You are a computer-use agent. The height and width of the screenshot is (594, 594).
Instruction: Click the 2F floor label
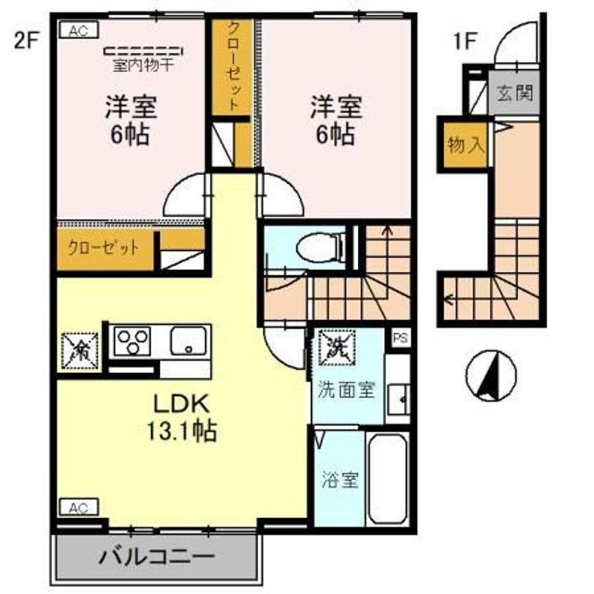pyautogui.click(x=26, y=40)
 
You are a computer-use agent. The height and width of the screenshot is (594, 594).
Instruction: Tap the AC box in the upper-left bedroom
pyautogui.click(x=78, y=32)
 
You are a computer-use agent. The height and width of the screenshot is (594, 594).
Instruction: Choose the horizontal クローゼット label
pyautogui.click(x=103, y=246)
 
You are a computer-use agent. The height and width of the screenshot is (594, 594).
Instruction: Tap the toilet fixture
pyautogui.click(x=318, y=245)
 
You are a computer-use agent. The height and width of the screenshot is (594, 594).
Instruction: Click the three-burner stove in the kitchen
pyautogui.click(x=132, y=340)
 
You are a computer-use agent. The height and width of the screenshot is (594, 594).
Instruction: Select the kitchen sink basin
pyautogui.click(x=191, y=340)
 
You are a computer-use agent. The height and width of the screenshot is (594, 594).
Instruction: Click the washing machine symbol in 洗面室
pyautogui.click(x=337, y=344)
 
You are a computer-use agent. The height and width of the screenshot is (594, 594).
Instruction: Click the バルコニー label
pyautogui.click(x=158, y=556)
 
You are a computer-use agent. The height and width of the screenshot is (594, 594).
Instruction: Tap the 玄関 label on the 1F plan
pyautogui.click(x=513, y=92)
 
